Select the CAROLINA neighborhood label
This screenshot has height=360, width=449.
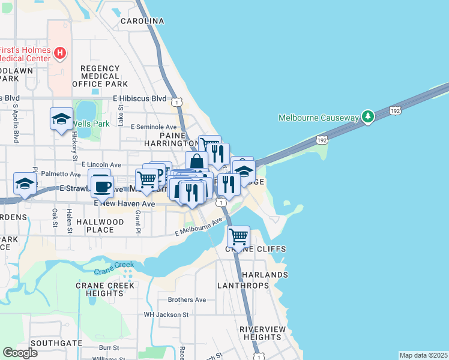click(x=142, y=21)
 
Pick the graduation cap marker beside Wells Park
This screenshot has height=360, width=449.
click(x=61, y=119)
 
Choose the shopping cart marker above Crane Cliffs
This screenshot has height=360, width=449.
click(x=238, y=236)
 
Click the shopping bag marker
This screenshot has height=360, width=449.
click(x=196, y=162)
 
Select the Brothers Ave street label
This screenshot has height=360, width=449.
click(x=187, y=299)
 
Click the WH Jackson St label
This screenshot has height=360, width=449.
click(x=166, y=314)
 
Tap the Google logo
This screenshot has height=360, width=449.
click(x=20, y=353)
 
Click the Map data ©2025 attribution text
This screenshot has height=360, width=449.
click(x=423, y=355)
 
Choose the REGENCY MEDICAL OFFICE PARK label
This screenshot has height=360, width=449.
click(x=100, y=76)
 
